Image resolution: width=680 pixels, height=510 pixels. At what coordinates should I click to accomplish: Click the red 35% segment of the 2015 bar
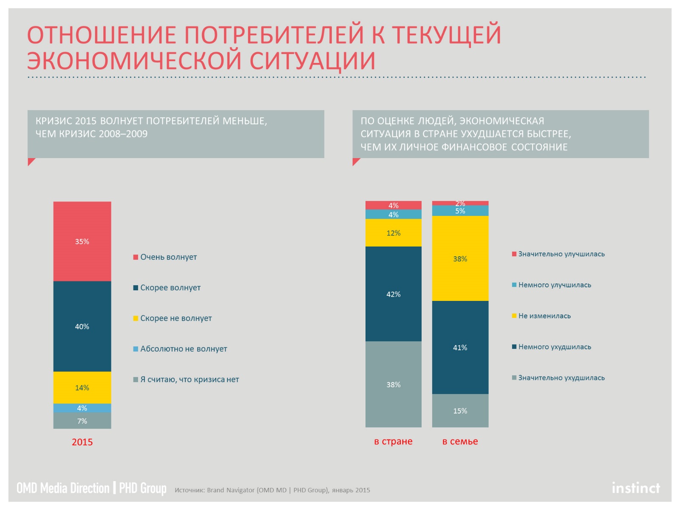click(82, 241)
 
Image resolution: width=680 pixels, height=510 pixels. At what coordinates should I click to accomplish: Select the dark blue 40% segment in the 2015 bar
click(82, 326)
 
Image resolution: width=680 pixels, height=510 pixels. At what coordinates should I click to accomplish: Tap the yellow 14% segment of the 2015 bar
click(82, 387)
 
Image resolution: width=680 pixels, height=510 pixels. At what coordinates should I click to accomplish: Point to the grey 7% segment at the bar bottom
click(82, 421)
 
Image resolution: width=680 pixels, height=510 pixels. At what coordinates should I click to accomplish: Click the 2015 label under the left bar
click(82, 442)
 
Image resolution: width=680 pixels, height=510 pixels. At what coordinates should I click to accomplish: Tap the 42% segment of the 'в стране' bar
click(393, 294)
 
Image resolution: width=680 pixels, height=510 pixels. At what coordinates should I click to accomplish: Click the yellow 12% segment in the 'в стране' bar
click(393, 232)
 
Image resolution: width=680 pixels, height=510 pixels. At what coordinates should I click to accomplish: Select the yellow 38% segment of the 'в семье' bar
click(460, 258)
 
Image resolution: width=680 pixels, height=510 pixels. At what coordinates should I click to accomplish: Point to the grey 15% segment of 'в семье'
click(460, 411)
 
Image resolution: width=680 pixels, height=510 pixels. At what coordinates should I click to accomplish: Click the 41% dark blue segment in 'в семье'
click(460, 347)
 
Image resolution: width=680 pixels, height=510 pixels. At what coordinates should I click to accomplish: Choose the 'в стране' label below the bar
click(393, 441)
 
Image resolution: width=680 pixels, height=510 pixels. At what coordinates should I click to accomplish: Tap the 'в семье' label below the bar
click(460, 441)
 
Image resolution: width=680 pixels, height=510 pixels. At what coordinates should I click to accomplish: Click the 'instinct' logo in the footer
click(636, 488)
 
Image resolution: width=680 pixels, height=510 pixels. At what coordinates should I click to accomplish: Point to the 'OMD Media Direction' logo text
click(63, 488)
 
